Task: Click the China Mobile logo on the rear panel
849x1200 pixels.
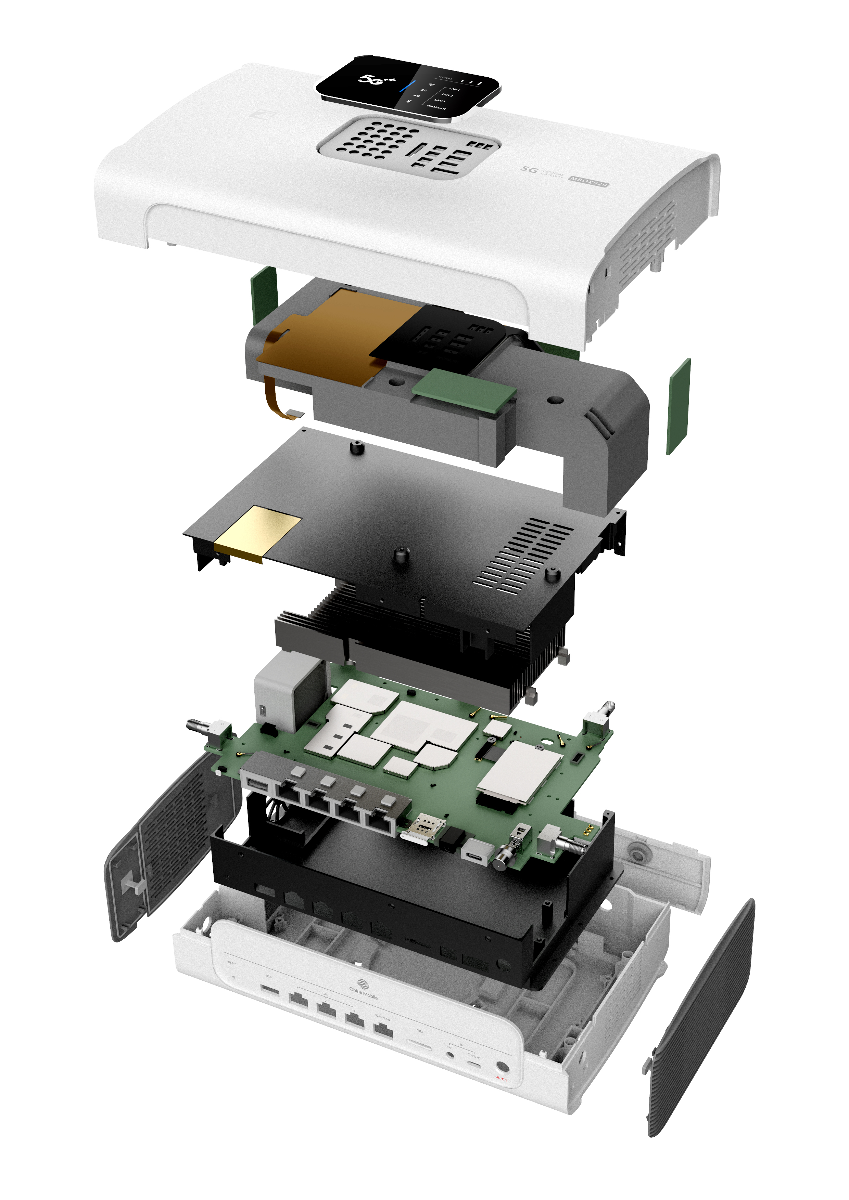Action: click(363, 988)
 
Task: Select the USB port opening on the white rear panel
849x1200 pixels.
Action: click(270, 989)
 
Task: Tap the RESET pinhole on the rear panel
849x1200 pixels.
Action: click(233, 976)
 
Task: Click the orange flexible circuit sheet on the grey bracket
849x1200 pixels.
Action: click(335, 335)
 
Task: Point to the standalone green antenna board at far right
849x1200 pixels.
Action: click(679, 407)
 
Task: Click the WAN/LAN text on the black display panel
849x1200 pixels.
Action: click(436, 107)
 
